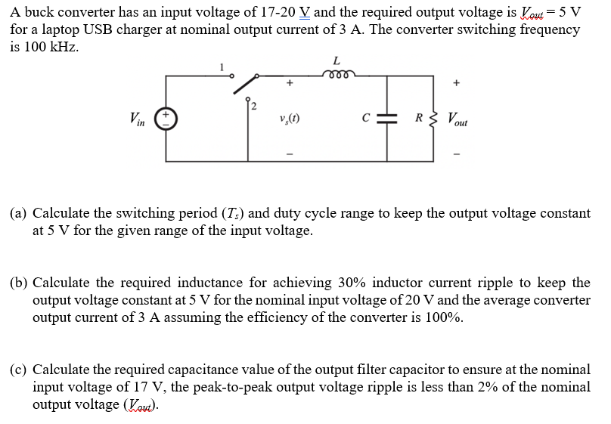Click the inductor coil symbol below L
coord(336,74)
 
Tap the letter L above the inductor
coord(336,60)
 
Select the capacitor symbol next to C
coord(386,119)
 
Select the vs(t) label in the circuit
coord(288,119)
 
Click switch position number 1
coord(221,67)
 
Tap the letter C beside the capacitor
coord(366,119)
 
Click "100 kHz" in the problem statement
coord(51,46)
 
